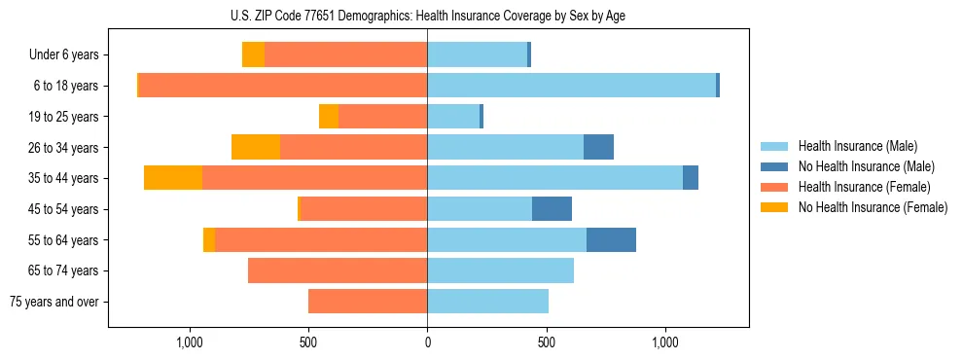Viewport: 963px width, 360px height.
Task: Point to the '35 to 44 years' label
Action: pos(64,178)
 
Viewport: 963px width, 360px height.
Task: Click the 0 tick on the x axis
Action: pos(427,343)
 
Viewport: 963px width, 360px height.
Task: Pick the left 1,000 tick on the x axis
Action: pos(190,343)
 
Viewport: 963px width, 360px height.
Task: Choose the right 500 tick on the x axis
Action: pos(547,343)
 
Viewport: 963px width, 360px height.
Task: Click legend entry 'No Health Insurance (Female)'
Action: pos(873,207)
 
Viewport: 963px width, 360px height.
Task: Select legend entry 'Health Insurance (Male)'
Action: pos(858,146)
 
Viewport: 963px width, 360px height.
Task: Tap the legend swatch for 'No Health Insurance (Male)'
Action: pos(775,166)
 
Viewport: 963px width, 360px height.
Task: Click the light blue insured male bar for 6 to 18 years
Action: pos(572,86)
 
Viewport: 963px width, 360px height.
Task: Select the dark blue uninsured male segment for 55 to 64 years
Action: pos(611,239)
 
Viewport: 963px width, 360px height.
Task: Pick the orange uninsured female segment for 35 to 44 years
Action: pos(173,178)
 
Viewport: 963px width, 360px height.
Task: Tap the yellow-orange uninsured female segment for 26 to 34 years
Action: pos(256,147)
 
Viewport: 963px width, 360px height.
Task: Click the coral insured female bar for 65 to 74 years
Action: pos(338,270)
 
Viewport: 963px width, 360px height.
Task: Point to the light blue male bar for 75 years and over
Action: pos(487,302)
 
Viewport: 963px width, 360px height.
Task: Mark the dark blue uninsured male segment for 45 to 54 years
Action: pos(552,209)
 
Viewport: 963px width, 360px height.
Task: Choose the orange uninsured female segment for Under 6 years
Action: pos(253,55)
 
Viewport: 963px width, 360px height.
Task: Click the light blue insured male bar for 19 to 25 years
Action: pos(453,117)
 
